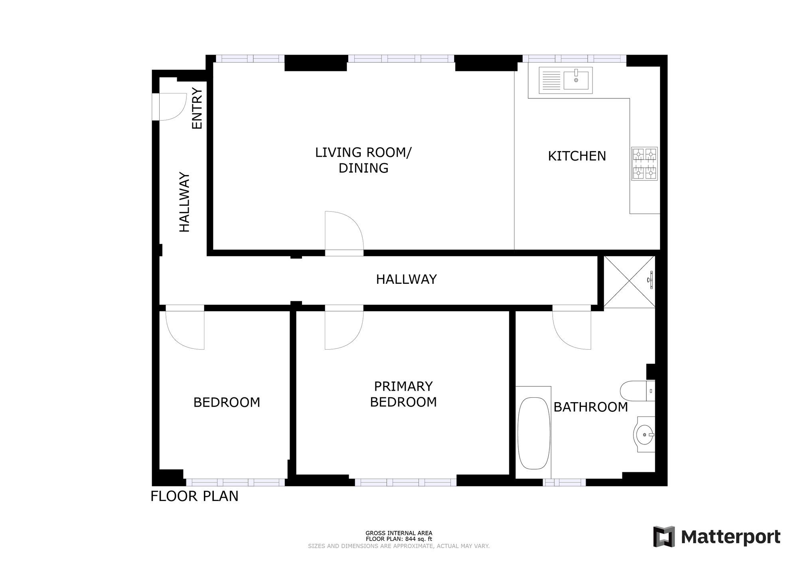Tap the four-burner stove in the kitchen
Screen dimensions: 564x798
644,163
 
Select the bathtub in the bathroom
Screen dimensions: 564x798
533,433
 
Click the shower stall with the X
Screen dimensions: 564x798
629,282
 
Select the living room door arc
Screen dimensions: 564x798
343,231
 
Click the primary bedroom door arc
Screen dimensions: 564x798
343,329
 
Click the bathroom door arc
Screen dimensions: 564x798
571,329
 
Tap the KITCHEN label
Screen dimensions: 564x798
577,156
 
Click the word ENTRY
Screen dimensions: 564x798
197,108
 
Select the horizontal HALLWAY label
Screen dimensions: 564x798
406,279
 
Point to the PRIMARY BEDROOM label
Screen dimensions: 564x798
403,394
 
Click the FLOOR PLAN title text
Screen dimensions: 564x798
194,496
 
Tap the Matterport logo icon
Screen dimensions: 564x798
664,536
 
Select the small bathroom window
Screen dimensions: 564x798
564,482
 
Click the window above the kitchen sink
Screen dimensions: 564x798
574,59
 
